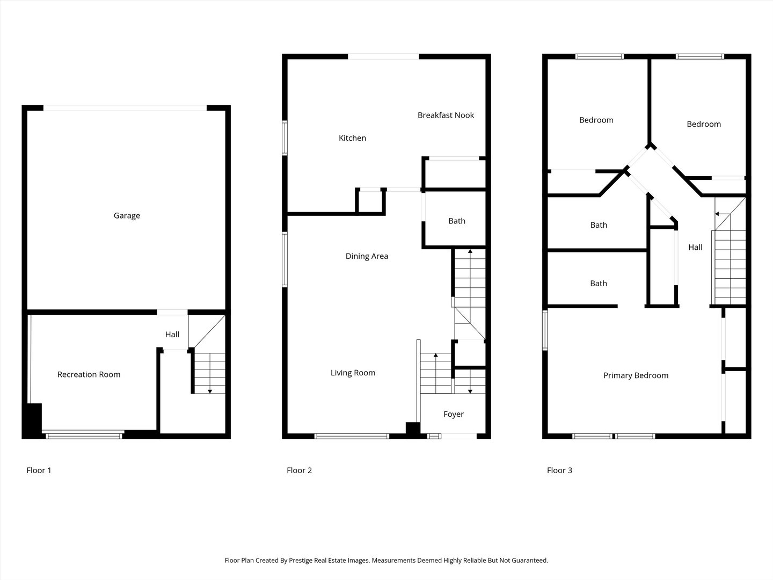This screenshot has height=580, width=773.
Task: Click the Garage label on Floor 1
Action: [127, 215]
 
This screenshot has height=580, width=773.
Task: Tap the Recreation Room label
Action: [89, 374]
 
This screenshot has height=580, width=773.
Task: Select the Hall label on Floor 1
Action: [172, 334]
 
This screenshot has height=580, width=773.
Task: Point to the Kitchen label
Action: [352, 138]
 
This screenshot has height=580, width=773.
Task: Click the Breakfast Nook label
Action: [446, 115]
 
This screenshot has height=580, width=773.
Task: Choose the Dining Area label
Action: [367, 256]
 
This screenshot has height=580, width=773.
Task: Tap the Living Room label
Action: [353, 373]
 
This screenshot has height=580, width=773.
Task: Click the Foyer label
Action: [454, 414]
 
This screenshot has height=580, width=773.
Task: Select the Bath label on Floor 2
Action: [457, 221]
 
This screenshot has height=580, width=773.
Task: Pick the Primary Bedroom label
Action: [636, 375]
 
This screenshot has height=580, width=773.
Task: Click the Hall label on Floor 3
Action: [695, 247]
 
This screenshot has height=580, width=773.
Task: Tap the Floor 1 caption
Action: [39, 470]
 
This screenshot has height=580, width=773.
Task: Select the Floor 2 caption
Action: [299, 470]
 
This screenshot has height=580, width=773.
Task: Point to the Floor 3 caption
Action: [559, 470]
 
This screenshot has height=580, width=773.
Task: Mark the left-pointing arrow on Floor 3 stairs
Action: [723, 214]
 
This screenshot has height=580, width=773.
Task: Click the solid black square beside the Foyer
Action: [413, 429]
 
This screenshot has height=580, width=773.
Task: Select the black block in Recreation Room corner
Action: [32, 421]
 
